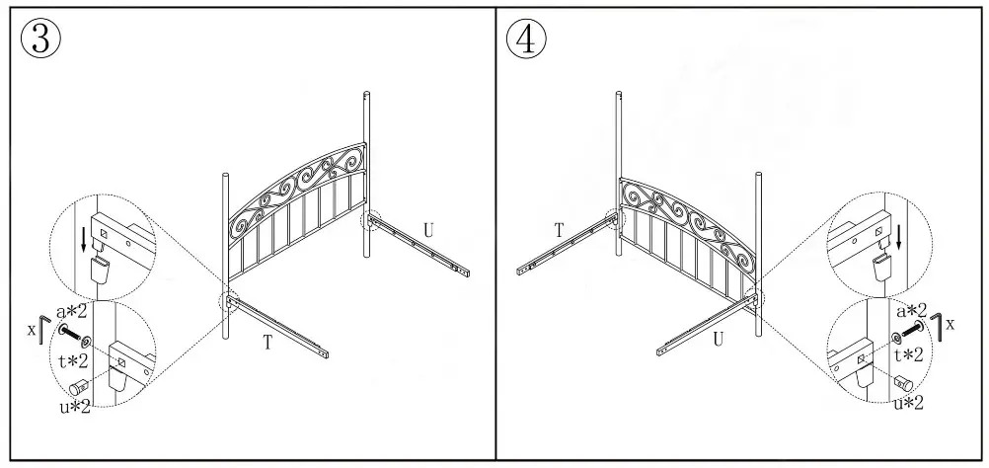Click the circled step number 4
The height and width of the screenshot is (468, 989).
tap(526, 40)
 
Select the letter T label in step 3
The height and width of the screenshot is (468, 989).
tap(267, 343)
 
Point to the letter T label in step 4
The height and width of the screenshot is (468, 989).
tap(559, 229)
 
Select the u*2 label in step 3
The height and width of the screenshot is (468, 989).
tap(74, 405)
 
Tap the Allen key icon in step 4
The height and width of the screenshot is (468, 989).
tap(934, 327)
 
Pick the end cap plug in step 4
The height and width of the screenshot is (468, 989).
tap(901, 381)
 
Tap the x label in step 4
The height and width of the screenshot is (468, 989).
tap(951, 323)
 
